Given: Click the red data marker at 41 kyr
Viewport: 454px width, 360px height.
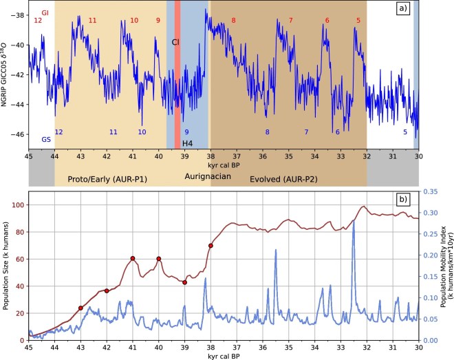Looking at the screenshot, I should point(133,258).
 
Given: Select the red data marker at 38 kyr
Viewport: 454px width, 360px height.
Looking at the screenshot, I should point(210,246).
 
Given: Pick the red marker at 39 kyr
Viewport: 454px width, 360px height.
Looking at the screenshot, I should point(185,282).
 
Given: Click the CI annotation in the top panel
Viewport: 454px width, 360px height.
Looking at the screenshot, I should point(175,42).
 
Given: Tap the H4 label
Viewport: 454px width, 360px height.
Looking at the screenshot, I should point(188,142).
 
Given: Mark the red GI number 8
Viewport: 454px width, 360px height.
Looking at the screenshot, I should point(233,21).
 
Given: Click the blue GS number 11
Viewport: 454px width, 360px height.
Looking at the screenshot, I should point(113,131).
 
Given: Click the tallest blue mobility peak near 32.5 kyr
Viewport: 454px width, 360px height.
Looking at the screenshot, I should point(354,222).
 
